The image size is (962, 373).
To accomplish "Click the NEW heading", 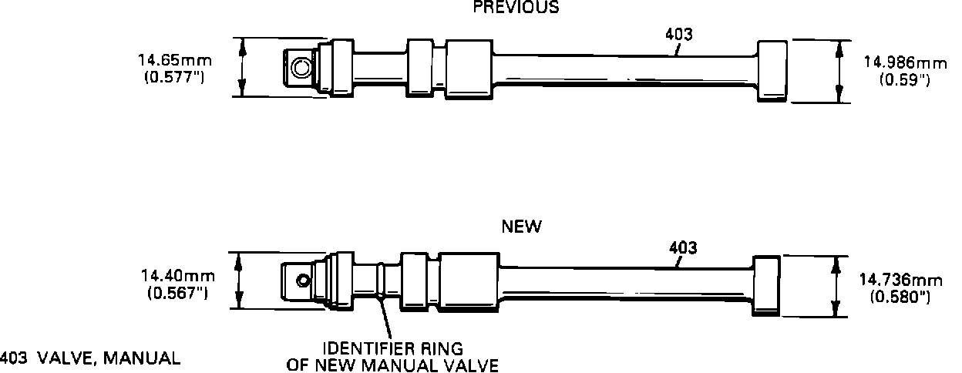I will [522, 227].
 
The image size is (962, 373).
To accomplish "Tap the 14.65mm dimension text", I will [175, 59].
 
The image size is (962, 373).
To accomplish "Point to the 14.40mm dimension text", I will [177, 275].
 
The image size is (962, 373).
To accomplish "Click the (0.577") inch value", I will [174, 77].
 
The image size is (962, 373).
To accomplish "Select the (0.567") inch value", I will [177, 293].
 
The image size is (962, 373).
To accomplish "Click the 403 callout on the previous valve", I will [678, 35].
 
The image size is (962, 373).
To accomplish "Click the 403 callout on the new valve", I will [683, 248].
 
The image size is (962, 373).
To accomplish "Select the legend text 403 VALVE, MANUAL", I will [91, 358].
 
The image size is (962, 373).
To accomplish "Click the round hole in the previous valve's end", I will [299, 69].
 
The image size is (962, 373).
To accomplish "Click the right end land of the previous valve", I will [772, 70].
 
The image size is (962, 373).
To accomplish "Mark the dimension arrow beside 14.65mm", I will [243, 68].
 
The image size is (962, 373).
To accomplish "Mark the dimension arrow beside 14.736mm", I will [835, 287].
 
